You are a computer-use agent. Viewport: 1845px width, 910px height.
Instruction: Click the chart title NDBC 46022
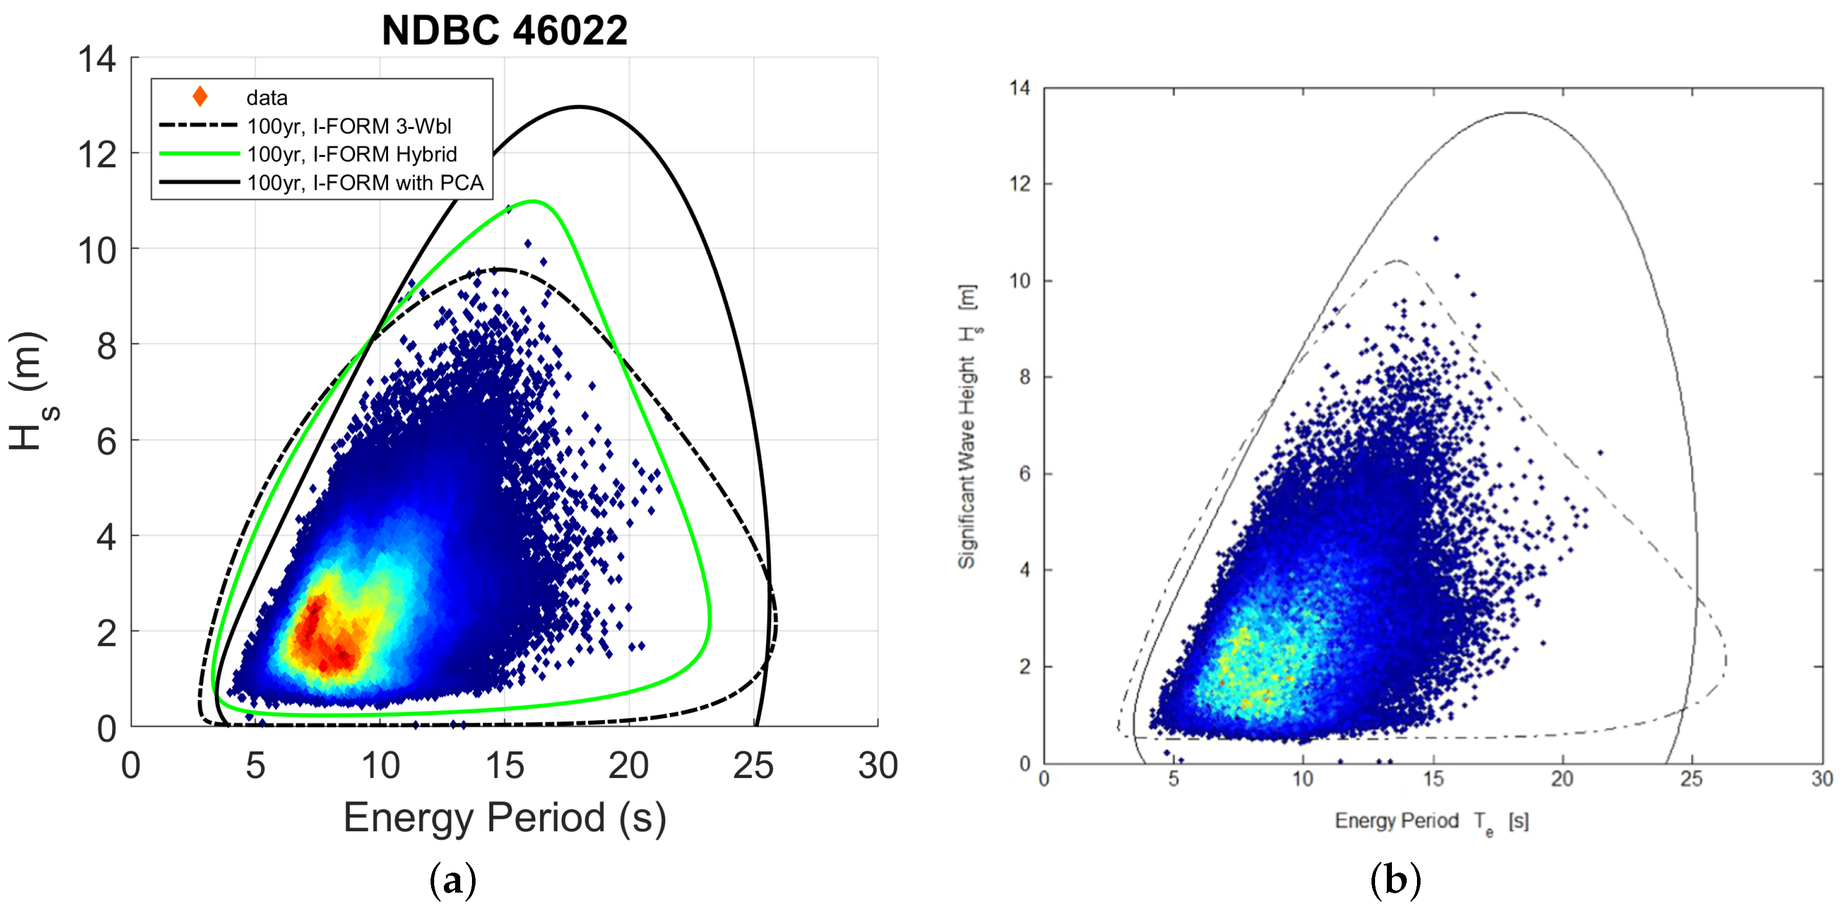click(x=504, y=31)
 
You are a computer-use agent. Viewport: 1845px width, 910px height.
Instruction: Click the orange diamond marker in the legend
click(x=200, y=97)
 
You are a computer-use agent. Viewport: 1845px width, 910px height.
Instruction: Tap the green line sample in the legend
click(x=199, y=153)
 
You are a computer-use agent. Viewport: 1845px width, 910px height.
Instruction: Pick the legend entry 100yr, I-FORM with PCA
click(x=365, y=183)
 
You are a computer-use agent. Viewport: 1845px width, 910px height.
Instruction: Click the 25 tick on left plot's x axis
click(x=753, y=765)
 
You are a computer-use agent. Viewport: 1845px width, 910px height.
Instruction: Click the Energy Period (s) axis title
click(x=504, y=817)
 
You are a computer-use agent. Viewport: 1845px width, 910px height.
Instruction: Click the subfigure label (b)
click(x=1394, y=879)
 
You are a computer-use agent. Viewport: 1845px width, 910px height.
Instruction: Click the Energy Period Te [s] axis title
click(x=1431, y=821)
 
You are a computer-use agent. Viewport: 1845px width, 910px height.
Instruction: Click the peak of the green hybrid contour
click(x=533, y=202)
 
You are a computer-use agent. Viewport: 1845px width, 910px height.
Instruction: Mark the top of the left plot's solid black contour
click(x=579, y=107)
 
